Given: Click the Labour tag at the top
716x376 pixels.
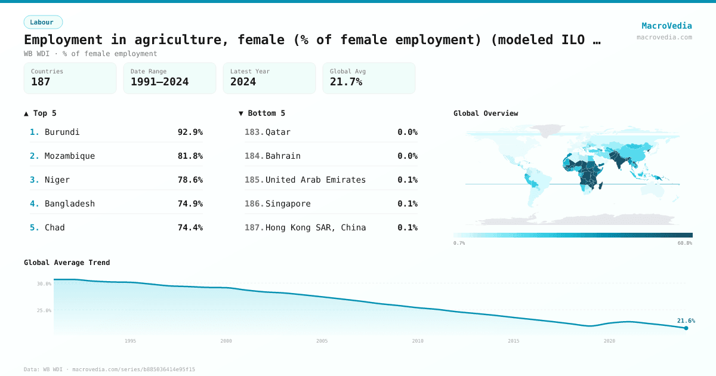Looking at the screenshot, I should [43, 22].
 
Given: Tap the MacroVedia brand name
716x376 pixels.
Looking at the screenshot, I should [666, 26].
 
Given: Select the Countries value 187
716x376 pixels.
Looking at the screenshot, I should [41, 82].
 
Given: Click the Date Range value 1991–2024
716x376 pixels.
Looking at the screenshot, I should [159, 82].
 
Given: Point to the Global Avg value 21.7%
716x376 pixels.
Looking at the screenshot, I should [346, 82].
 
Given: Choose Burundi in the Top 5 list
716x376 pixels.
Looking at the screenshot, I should [62, 132].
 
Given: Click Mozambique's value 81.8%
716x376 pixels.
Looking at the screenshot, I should [190, 156].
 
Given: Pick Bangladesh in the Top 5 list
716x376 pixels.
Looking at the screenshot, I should [69, 204].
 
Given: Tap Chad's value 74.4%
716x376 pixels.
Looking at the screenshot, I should [190, 227].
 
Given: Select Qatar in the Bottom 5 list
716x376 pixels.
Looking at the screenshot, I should [278, 132].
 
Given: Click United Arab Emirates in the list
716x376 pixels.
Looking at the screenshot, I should [315, 180].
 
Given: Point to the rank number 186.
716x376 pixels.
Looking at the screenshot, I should [254, 204].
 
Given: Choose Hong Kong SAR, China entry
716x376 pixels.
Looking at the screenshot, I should [316, 227].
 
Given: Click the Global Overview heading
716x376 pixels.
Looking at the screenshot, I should [486, 113].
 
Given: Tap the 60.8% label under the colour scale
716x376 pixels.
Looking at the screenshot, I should [684, 244].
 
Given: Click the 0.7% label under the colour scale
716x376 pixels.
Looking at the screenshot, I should [459, 244].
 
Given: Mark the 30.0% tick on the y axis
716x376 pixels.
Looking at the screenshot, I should [44, 284].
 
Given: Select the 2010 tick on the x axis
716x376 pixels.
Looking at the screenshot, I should [418, 341].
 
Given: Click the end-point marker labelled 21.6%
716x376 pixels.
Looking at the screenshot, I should [686, 328].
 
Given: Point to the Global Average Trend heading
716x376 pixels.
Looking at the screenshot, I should [67, 263].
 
